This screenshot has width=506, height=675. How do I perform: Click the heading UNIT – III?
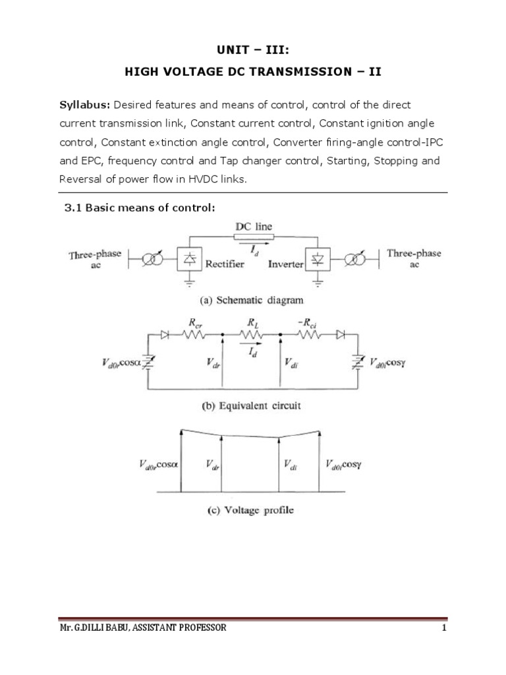(x=253, y=50)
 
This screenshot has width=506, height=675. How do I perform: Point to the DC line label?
(x=253, y=227)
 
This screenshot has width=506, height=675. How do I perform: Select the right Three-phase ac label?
(x=414, y=258)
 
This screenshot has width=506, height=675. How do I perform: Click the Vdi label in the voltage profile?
(x=291, y=465)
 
